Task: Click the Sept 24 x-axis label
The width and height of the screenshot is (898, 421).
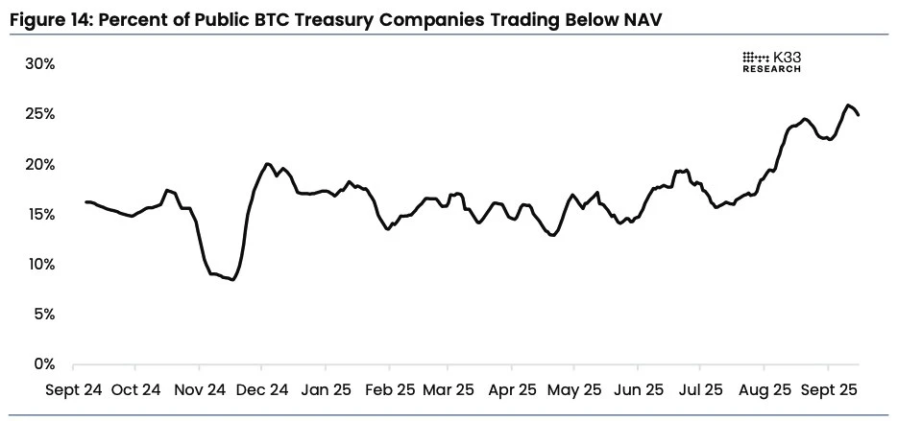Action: tap(73, 390)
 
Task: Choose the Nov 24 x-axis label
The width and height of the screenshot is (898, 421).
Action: tap(200, 390)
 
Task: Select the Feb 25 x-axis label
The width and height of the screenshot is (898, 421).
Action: tap(389, 390)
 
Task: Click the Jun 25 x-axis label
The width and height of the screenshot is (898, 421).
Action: tap(639, 390)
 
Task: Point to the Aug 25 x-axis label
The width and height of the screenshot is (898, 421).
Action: tap(765, 390)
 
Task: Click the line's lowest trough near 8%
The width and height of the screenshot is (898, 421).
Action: tap(232, 279)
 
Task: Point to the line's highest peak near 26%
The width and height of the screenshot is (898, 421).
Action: tap(848, 105)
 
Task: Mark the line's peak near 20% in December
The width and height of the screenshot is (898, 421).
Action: tap(267, 164)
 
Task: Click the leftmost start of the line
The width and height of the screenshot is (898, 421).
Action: tap(85, 201)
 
